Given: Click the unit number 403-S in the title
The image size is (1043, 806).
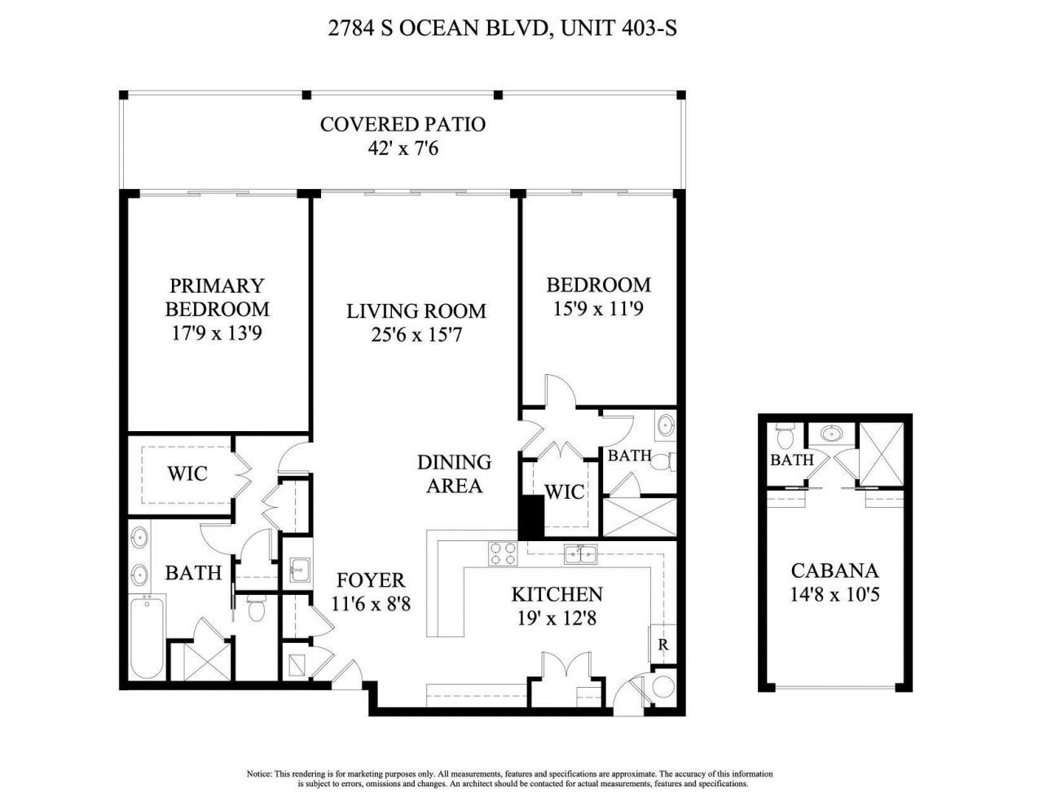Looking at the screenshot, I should [649, 29].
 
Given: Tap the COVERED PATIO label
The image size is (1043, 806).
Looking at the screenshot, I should [403, 124].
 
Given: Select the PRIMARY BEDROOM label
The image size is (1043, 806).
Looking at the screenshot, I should [217, 297].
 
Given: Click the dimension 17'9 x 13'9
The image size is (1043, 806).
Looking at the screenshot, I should [217, 333].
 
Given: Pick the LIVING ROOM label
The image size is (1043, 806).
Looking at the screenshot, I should [416, 311].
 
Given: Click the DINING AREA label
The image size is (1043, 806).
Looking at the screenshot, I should [454, 473].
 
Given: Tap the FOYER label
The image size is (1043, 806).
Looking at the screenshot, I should [371, 580].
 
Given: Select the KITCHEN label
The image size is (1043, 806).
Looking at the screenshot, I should [557, 594].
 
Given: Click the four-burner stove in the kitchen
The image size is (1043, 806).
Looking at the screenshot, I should [502, 554].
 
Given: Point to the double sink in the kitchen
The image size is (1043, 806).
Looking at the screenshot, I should [582, 555].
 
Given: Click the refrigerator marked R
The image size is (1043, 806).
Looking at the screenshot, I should [663, 643].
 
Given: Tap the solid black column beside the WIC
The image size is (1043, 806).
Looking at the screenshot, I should [531, 517].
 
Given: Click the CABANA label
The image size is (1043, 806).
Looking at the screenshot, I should [834, 570].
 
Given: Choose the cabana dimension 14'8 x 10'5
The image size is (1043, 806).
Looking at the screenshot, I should [834, 595].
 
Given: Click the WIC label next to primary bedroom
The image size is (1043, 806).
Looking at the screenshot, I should [187, 473].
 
